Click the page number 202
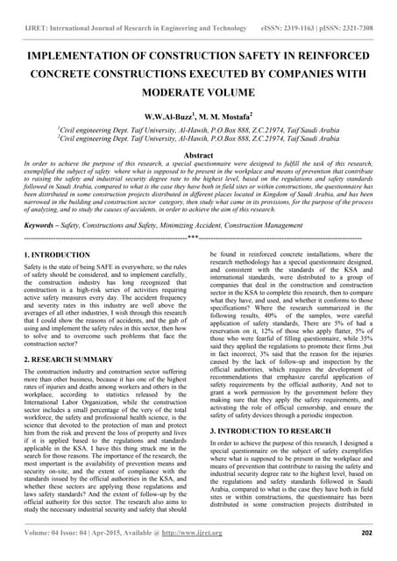coord(366,532)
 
